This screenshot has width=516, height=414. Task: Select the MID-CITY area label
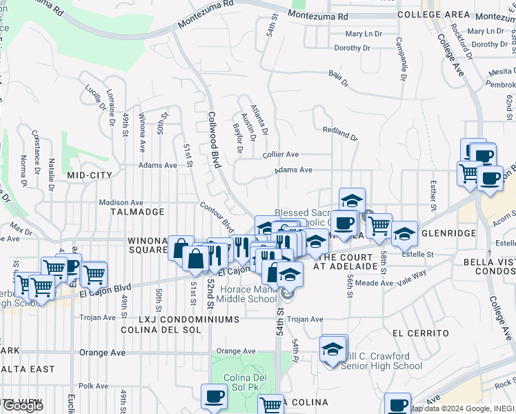click(90, 176)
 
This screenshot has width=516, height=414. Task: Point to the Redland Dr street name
click(341, 133)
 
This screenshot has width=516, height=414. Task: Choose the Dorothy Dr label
click(352, 48)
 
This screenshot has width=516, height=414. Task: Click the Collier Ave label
click(281, 155)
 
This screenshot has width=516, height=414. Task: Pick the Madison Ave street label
click(120, 202)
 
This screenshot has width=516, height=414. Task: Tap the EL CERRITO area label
click(420, 333)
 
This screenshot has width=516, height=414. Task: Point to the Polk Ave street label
click(95, 386)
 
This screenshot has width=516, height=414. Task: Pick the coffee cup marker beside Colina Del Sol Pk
click(214, 398)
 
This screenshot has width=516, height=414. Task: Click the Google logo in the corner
click(23, 406)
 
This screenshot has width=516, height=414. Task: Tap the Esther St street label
click(433, 195)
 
